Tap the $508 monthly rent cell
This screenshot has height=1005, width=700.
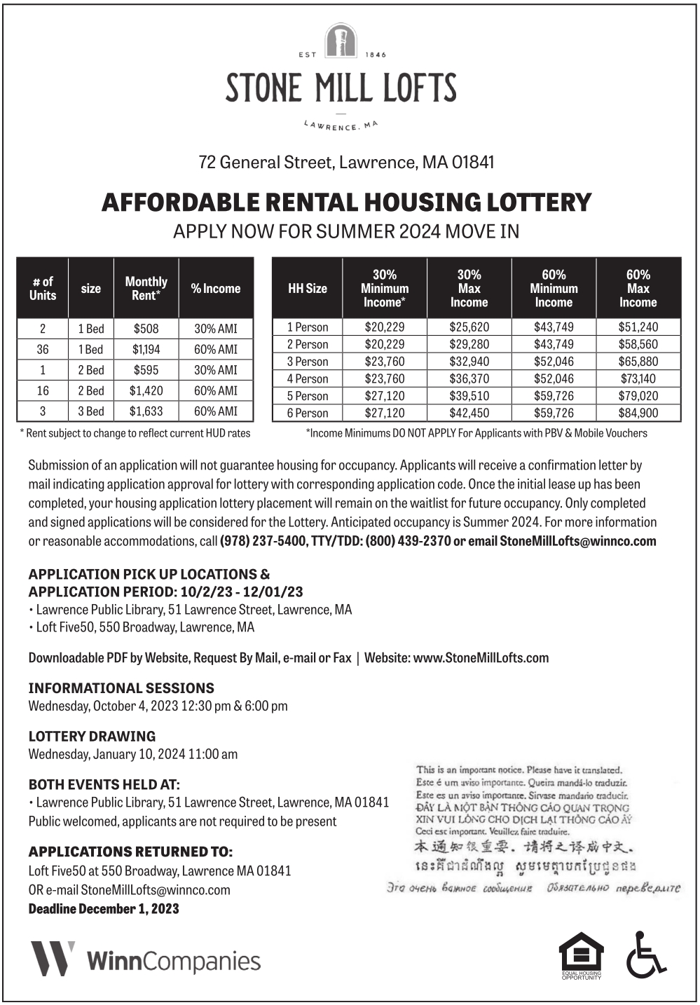[x=146, y=328]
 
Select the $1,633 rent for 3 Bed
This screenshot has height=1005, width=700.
[x=146, y=411]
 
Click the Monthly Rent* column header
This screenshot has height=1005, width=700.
[x=146, y=288]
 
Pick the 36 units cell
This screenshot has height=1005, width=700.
[x=43, y=349]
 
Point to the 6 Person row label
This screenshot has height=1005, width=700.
[x=307, y=413]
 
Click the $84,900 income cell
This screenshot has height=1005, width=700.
[x=638, y=413]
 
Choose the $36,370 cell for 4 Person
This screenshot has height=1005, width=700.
[x=469, y=378]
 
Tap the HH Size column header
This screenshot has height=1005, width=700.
[x=307, y=288]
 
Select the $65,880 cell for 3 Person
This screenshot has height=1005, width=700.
[x=638, y=362]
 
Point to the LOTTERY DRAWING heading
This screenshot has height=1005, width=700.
[x=92, y=736]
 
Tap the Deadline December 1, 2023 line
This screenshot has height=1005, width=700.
[x=104, y=909]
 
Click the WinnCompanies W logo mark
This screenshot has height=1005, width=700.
[x=53, y=959]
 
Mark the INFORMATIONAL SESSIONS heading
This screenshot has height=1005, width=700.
[x=121, y=688]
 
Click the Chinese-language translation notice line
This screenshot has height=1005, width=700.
[x=525, y=847]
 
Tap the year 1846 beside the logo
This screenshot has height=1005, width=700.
[x=376, y=55]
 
